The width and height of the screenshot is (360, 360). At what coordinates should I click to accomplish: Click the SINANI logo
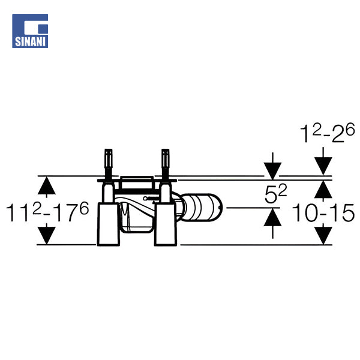pos(30,31)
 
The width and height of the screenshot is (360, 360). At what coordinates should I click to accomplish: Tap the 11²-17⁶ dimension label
pos(47,212)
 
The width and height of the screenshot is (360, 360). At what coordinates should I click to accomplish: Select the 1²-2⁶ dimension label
pos(328,133)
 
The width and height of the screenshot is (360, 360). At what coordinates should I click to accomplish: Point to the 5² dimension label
pos(276,194)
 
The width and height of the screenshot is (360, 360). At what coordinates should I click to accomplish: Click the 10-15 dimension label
pos(323,212)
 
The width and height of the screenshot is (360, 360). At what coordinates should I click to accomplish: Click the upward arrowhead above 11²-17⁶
pos(47,186)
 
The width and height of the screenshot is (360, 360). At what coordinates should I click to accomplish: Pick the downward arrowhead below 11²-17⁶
pos(47,236)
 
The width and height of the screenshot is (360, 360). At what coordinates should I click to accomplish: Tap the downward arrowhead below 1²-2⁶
pos(323,166)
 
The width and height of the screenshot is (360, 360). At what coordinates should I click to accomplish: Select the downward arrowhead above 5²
pos(272,171)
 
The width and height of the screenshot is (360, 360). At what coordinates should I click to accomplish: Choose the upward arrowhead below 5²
pos(272,217)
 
